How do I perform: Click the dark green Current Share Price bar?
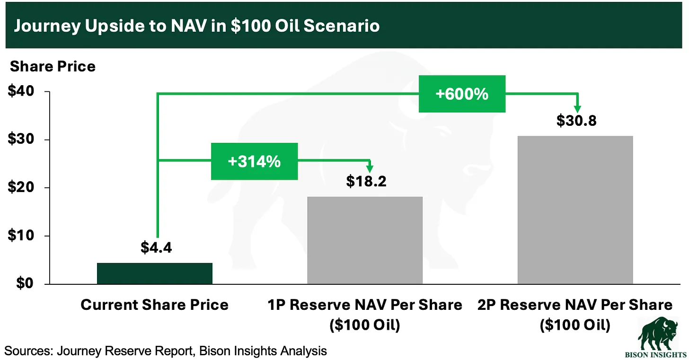point(155,273)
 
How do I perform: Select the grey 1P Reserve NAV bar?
point(365,240)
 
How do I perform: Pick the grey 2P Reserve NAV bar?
point(575,210)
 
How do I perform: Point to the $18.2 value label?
point(366,181)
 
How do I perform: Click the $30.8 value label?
point(576,121)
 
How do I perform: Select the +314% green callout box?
point(254,161)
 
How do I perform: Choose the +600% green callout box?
point(462,94)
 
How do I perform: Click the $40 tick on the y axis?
point(22,92)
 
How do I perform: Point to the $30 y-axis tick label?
point(22,140)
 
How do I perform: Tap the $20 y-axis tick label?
point(22,188)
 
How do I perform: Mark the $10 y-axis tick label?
point(22,236)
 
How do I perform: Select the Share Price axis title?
point(53,66)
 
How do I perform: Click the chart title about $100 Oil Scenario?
point(196,25)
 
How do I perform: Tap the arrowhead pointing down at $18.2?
point(370,168)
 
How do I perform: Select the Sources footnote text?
point(166,351)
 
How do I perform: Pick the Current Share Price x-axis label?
point(155,305)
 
